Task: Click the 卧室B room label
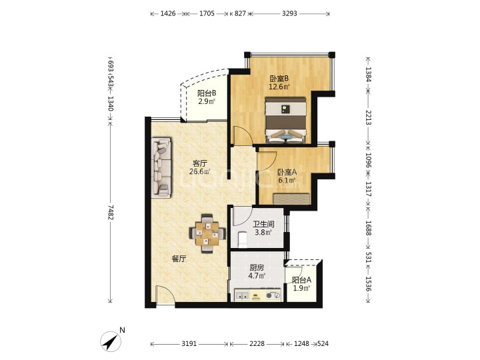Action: (279, 79)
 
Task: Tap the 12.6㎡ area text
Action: (279, 87)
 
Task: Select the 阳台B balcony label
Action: (207, 93)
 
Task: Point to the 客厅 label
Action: (199, 163)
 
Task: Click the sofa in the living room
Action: (161, 167)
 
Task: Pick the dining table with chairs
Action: (207, 233)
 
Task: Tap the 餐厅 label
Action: (179, 259)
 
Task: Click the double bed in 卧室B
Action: (285, 120)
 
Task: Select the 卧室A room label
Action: (287, 173)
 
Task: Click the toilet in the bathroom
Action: (243, 240)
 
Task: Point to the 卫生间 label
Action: (263, 224)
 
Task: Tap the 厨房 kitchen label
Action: (256, 268)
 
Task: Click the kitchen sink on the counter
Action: (241, 296)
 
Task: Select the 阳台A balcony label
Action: (301, 280)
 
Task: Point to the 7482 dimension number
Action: (111, 213)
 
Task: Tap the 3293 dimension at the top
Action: (289, 13)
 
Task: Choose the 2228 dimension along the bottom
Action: (257, 344)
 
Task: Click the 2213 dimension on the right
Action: (368, 117)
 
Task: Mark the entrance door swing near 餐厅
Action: (165, 294)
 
